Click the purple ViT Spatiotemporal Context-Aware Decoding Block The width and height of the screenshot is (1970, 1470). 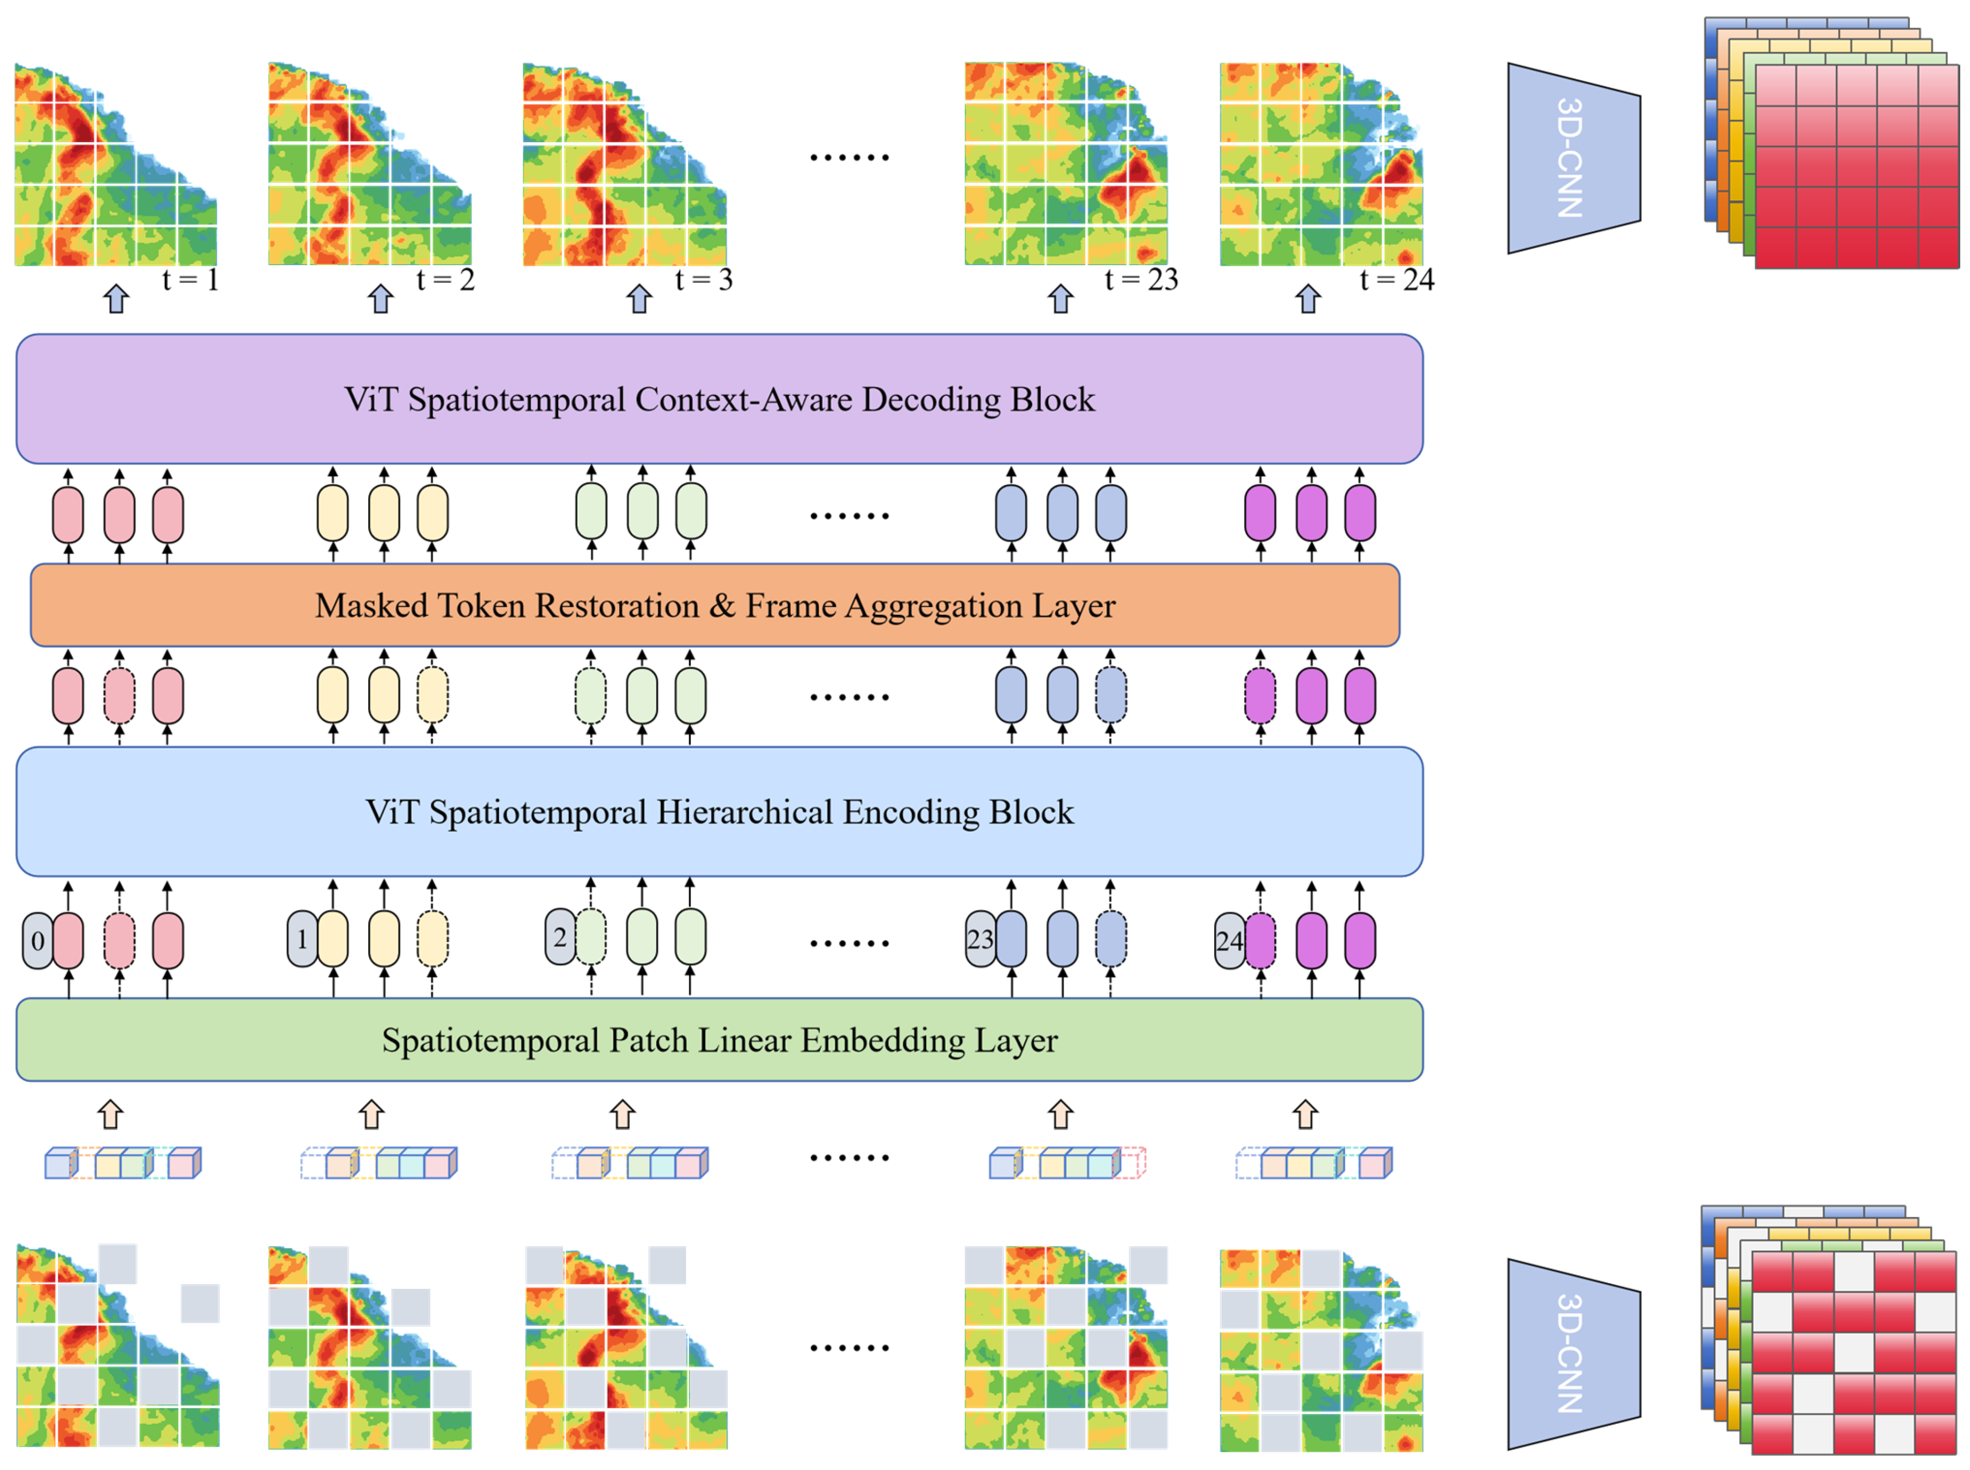click(719, 399)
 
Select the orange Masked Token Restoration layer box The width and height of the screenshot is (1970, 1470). click(715, 605)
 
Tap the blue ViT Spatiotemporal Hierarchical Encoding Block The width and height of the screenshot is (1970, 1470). click(719, 811)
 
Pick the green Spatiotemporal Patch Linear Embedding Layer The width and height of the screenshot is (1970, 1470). click(719, 1040)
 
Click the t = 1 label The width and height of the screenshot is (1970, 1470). click(191, 280)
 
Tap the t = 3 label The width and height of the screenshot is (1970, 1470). click(703, 280)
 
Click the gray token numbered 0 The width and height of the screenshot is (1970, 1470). click(38, 941)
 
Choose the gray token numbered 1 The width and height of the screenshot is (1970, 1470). click(302, 939)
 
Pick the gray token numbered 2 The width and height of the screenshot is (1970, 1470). click(560, 937)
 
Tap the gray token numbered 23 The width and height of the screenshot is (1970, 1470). click(980, 939)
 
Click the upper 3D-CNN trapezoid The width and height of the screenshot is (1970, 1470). click(1572, 159)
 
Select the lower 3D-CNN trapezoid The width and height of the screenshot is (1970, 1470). click(1572, 1354)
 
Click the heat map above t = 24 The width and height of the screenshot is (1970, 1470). click(1320, 165)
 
